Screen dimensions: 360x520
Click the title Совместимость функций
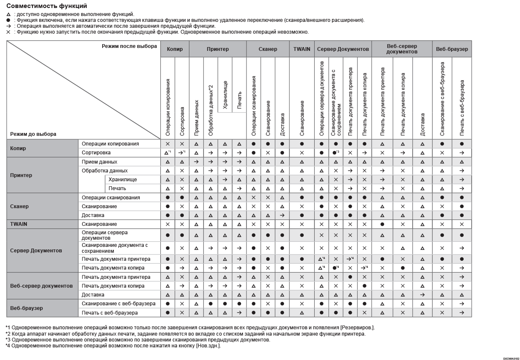tap(47, 6)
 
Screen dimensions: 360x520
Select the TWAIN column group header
tap(302, 49)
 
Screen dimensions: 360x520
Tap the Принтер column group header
tap(218, 49)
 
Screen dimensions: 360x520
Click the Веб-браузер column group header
tap(452, 49)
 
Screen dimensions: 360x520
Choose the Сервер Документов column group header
tap(343, 49)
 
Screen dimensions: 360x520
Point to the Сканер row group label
tap(20, 206)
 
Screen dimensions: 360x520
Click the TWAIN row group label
tap(19, 224)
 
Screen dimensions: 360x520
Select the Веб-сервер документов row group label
tap(41, 286)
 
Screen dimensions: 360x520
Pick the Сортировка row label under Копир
tap(96, 153)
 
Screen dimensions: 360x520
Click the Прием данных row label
tap(99, 162)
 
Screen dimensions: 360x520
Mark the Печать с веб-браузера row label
tap(110, 313)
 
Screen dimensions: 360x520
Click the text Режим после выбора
tap(129, 46)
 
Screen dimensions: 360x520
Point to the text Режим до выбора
tap(33, 134)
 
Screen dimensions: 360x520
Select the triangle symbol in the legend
tap(8, 14)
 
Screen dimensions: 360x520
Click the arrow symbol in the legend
tap(8, 26)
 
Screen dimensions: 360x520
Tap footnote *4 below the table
tap(113, 346)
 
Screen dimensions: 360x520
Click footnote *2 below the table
tap(185, 334)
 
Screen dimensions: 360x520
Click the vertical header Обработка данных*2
tap(211, 109)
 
